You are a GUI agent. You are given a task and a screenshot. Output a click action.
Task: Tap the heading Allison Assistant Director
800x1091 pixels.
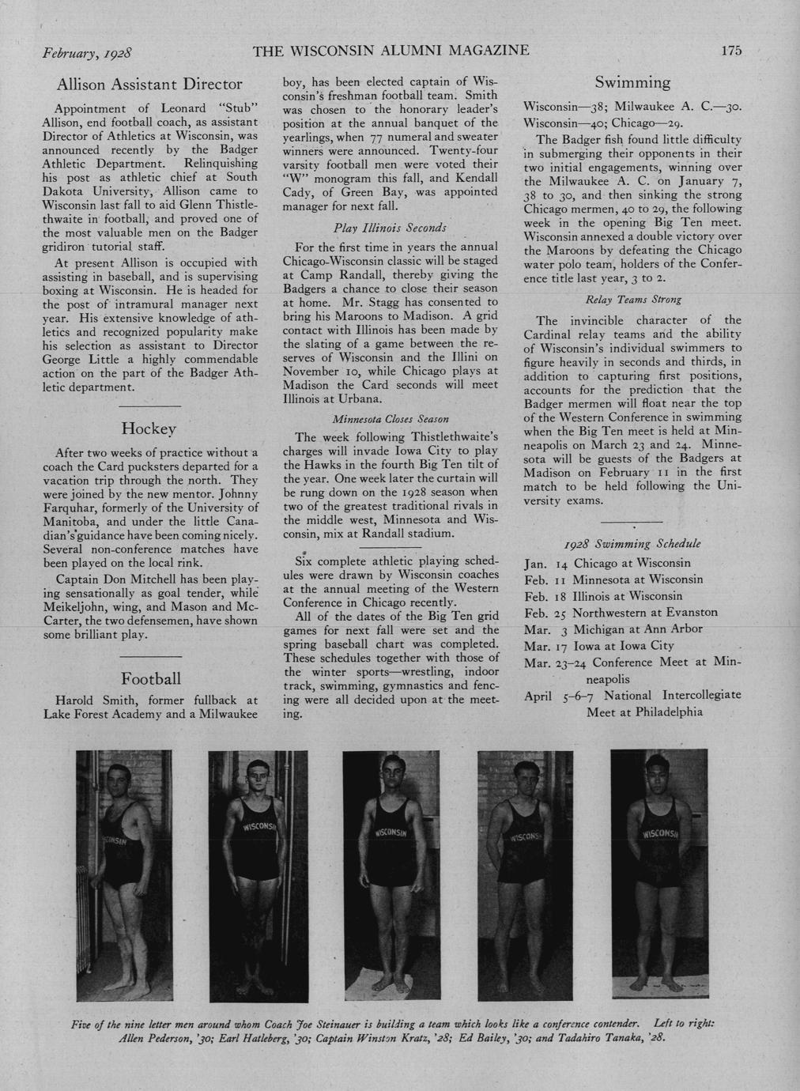point(150,83)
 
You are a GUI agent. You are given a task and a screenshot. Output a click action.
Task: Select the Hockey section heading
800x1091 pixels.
point(149,428)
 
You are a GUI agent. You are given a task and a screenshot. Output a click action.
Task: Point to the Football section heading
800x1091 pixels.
point(151,679)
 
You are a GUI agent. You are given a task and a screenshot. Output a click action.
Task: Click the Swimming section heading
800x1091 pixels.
point(632,82)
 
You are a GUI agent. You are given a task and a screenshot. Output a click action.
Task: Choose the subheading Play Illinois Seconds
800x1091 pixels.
point(390,228)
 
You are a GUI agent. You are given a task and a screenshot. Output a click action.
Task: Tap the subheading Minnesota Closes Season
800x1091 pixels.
point(391,419)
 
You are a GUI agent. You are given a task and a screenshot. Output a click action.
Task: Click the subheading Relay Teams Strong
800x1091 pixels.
point(633,300)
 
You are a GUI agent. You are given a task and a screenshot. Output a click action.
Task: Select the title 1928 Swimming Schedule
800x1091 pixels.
point(632,544)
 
